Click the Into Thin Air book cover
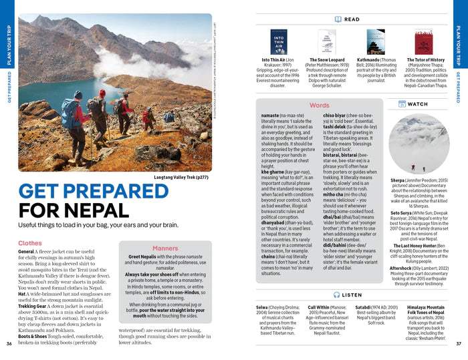click(279, 42)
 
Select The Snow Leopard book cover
click(327, 42)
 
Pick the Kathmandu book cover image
click(376, 42)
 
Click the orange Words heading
click(320, 106)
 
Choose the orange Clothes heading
click(30, 244)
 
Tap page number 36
click(9, 343)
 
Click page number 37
click(459, 343)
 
